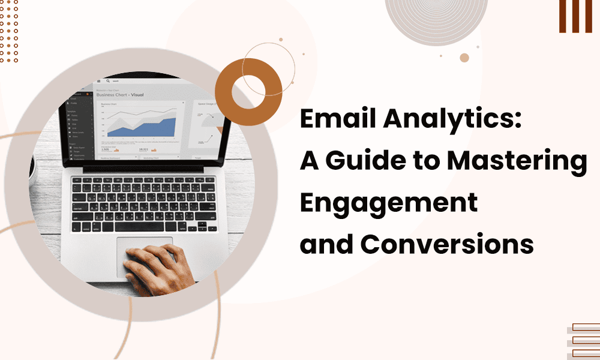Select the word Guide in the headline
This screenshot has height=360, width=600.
(370, 163)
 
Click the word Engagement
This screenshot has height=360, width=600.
(389, 204)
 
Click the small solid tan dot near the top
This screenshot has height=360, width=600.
(464, 58)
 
